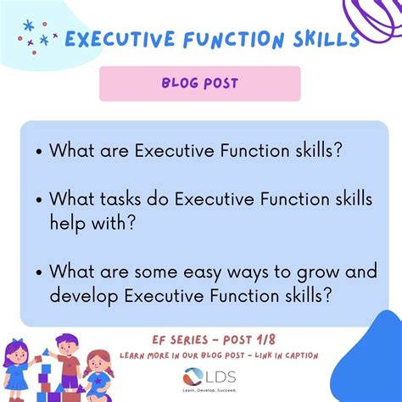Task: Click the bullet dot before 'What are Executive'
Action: click(39, 152)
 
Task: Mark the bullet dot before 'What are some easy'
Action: click(39, 272)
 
